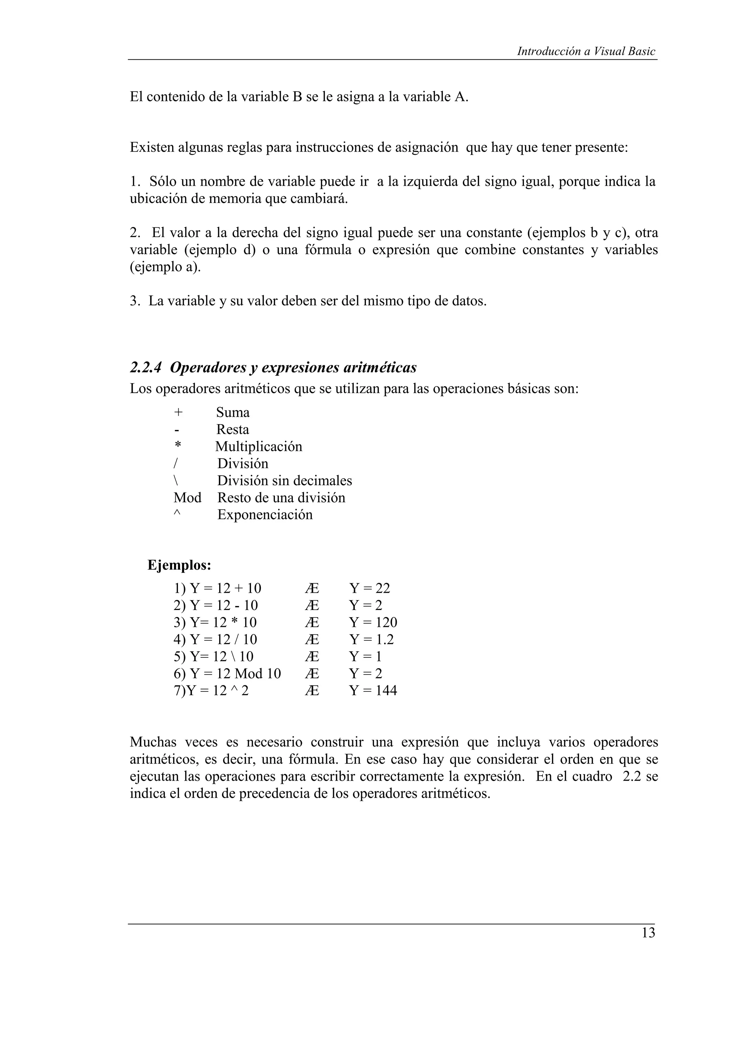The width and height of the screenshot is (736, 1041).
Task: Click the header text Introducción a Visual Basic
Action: [x=586, y=51]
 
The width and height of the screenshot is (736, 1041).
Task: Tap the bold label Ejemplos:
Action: [x=180, y=565]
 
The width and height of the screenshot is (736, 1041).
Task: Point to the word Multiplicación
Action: [x=258, y=447]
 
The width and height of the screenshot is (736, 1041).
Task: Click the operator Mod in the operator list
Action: [x=187, y=498]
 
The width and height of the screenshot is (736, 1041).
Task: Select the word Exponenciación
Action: [x=265, y=515]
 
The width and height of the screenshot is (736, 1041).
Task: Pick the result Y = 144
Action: [x=373, y=690]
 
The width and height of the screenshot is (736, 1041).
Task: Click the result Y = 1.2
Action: [x=371, y=639]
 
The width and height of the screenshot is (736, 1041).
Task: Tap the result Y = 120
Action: [x=373, y=623]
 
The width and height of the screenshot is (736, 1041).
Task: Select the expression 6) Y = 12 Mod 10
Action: [x=227, y=674]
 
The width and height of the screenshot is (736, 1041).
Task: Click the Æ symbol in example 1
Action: [x=312, y=588]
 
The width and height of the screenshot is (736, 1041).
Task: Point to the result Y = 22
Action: [x=369, y=588]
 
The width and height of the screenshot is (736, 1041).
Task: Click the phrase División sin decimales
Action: [x=284, y=481]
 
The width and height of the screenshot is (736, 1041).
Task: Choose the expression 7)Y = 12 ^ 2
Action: [x=211, y=690]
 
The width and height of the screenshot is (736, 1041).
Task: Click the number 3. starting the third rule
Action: [x=134, y=301]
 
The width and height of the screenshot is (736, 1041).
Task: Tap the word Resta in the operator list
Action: [x=233, y=429]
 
